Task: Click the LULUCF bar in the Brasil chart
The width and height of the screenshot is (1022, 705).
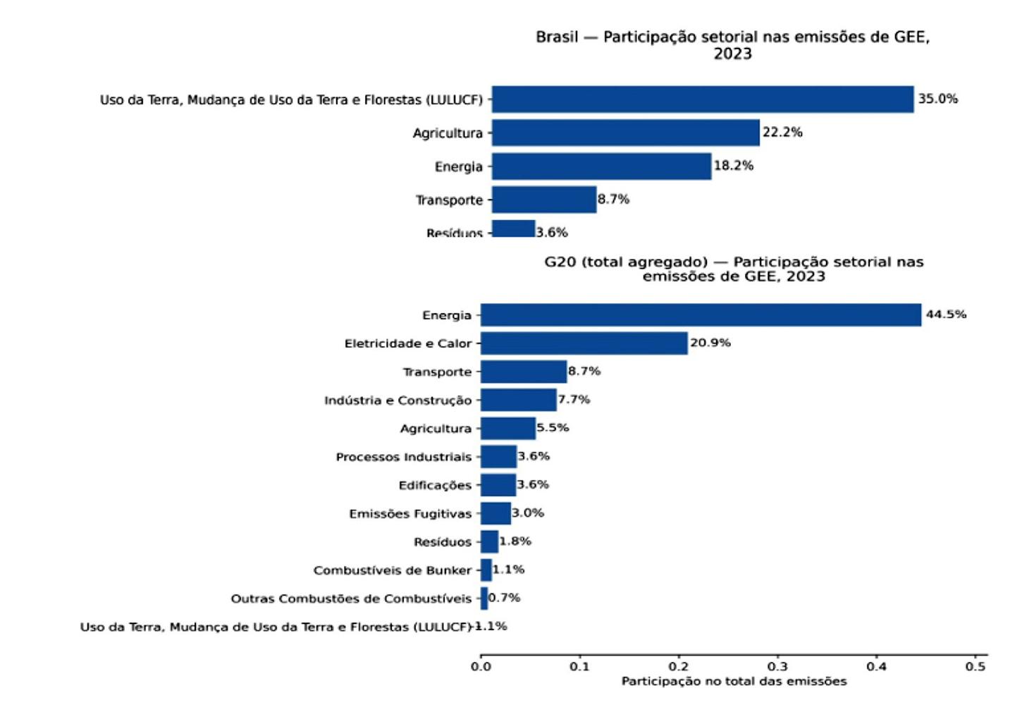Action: (x=702, y=99)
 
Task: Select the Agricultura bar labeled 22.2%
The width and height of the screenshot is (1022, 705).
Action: (x=625, y=133)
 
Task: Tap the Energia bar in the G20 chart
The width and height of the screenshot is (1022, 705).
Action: (x=701, y=315)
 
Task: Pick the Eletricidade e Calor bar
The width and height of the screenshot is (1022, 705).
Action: (x=584, y=343)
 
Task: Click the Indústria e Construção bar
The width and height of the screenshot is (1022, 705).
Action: (x=518, y=400)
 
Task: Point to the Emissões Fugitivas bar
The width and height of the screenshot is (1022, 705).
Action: (x=495, y=513)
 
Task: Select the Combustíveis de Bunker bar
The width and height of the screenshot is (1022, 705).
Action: (x=486, y=570)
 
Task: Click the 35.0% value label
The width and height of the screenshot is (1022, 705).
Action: (x=937, y=99)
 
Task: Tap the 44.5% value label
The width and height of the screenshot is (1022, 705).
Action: (x=946, y=314)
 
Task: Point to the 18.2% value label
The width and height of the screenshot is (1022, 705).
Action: (x=734, y=166)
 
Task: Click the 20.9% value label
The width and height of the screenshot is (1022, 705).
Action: (x=710, y=343)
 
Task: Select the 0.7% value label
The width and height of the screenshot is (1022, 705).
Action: (x=505, y=598)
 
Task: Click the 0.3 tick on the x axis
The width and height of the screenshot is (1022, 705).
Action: (x=777, y=666)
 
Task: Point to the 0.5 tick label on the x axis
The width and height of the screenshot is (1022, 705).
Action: (x=975, y=666)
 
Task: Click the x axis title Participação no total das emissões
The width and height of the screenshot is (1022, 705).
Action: (x=734, y=681)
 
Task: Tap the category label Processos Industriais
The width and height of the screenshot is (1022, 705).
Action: (x=403, y=457)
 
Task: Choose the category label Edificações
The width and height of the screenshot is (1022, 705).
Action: (x=435, y=485)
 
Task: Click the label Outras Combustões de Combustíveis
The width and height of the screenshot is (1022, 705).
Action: (x=351, y=599)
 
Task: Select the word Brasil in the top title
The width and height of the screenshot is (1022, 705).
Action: (x=557, y=37)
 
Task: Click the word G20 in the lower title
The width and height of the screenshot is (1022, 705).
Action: (x=560, y=262)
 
